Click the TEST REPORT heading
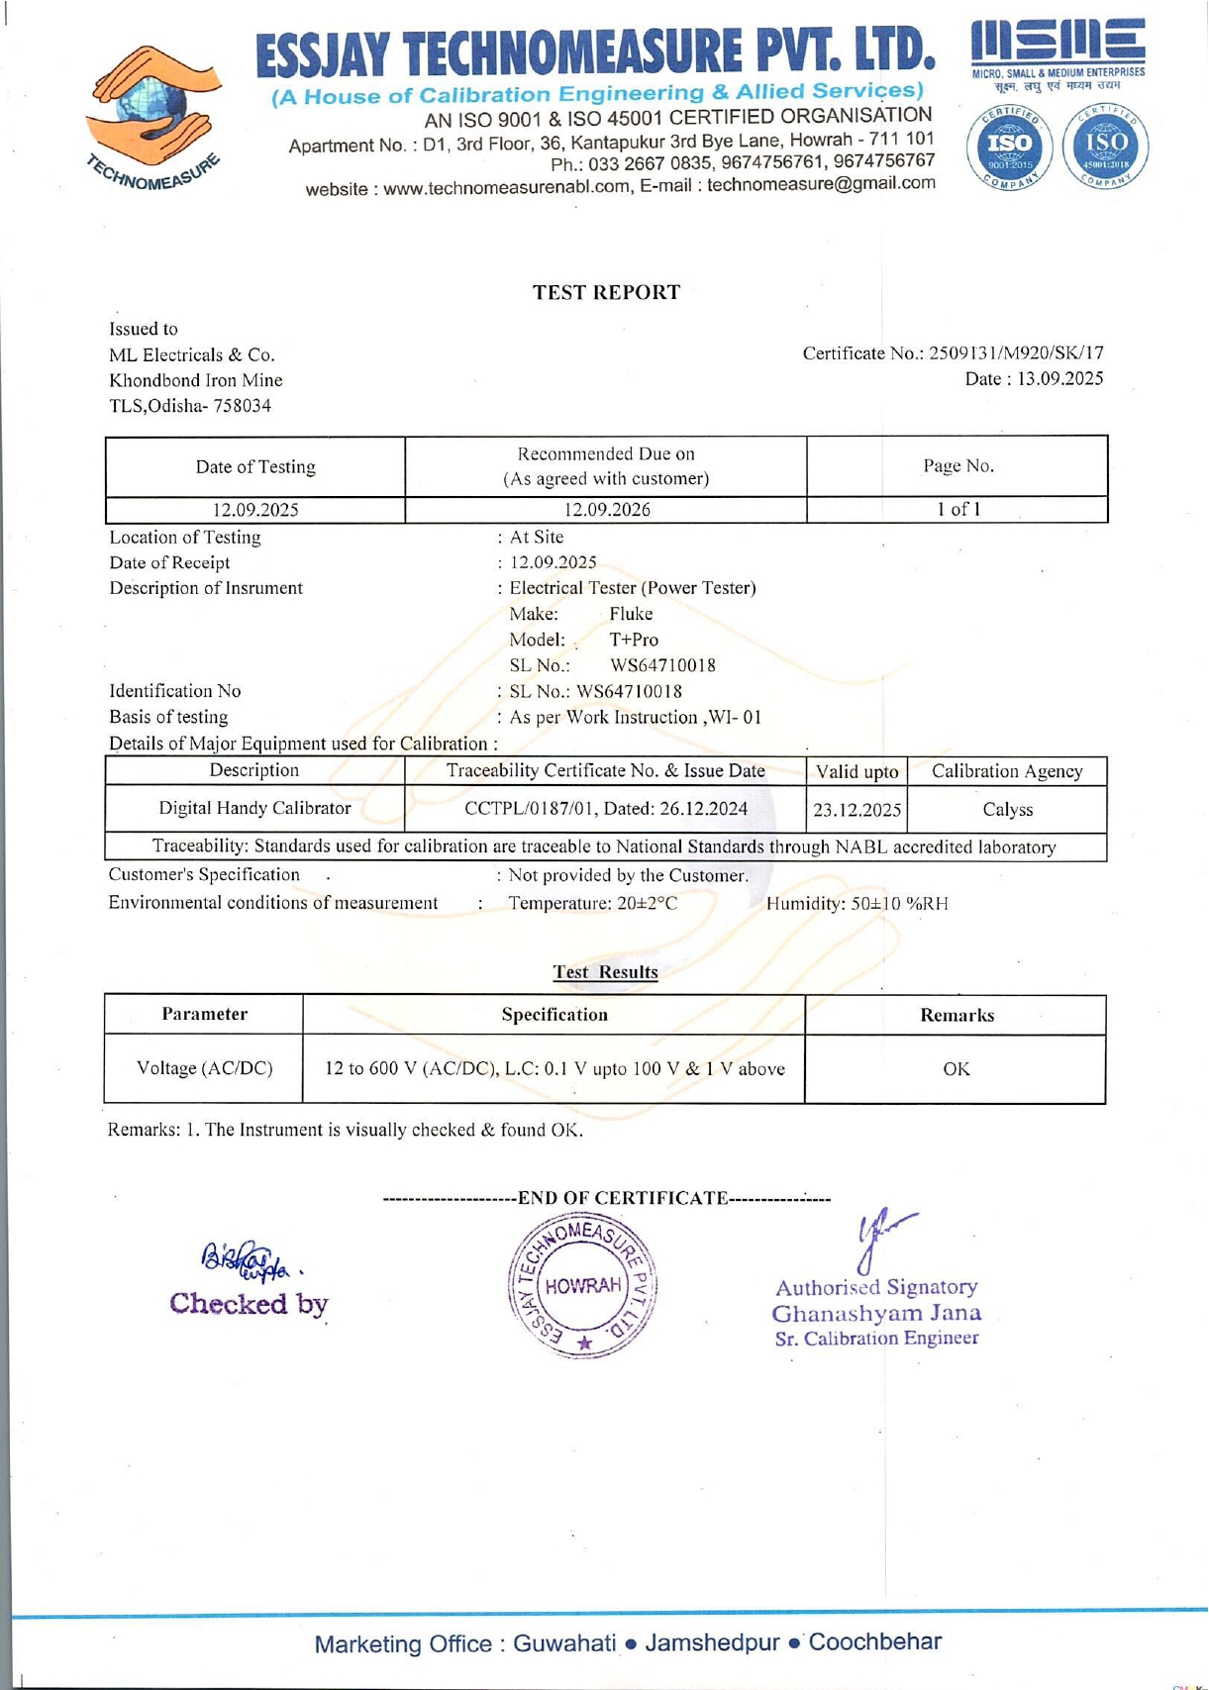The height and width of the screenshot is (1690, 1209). pos(606,292)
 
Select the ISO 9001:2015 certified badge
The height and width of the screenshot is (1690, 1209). pos(1008,147)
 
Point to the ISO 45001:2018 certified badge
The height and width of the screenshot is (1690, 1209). pos(1105,147)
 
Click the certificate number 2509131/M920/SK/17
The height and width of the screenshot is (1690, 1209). pos(1016,353)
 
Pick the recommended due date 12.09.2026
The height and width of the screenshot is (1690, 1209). pos(606,510)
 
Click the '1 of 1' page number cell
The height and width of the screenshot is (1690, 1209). pos(957,509)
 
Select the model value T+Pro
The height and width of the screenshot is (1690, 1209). pos(634,640)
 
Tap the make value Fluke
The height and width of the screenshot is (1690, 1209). pos(631,614)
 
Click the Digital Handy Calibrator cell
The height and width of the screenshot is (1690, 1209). pos(254,808)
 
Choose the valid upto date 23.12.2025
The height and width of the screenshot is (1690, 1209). pos(856,810)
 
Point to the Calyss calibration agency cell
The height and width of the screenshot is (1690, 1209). pos(1007,810)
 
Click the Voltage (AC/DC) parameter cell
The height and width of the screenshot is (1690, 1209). pos(204,1068)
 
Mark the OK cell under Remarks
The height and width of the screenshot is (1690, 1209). pos(956,1069)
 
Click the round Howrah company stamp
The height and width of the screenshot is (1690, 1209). pos(582,1285)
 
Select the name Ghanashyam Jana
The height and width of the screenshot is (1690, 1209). pos(876,1314)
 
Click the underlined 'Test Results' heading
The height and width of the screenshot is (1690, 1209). pos(605,971)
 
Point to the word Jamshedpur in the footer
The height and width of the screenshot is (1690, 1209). pos(712,1642)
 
